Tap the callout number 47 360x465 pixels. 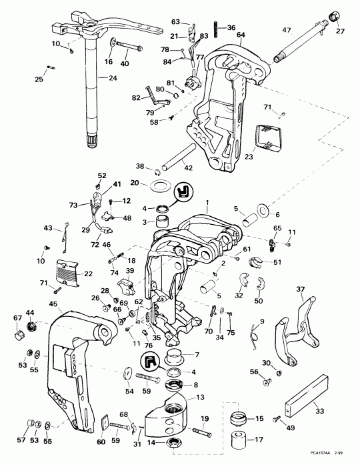(x=286, y=30)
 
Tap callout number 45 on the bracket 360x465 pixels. (x=53, y=305)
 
